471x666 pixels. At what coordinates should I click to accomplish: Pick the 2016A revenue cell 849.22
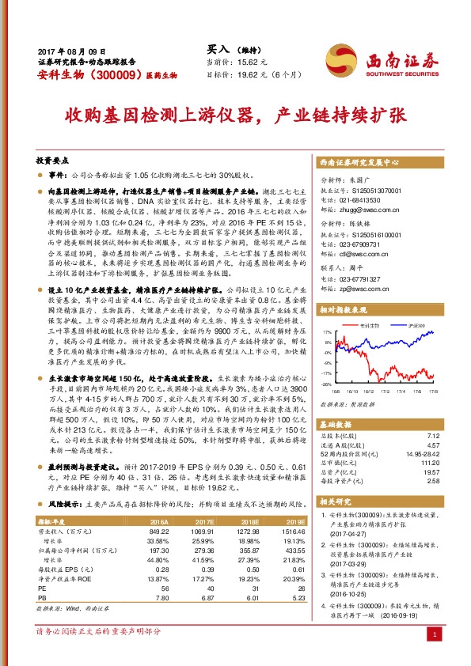pos(158,532)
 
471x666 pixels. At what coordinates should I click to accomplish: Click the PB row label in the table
pos(44,576)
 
